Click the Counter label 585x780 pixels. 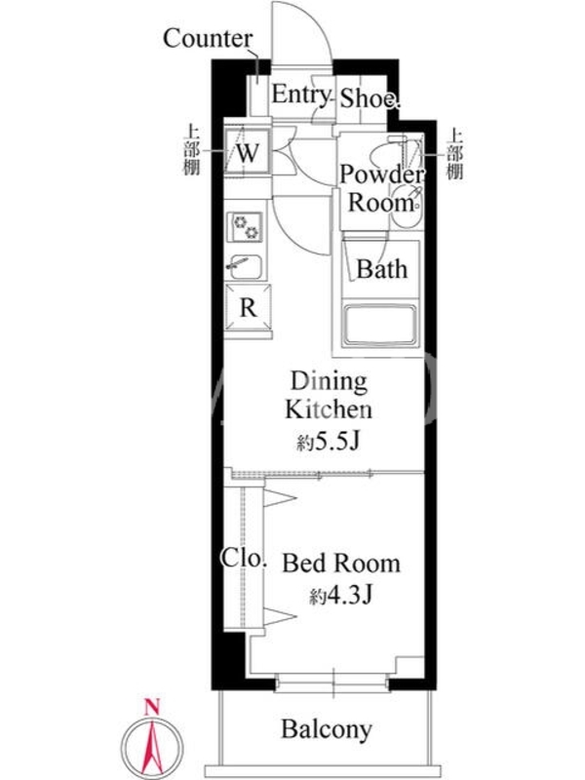pos(208,38)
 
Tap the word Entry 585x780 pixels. pos(300,94)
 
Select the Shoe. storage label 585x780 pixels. pos(370,98)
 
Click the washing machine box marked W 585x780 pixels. pos(247,151)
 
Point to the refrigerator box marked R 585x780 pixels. pos(248,307)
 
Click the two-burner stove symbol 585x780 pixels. pos(246,226)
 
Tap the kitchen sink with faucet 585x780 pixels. pos(245,267)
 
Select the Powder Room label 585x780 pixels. pos(381,188)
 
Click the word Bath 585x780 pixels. pos(381,269)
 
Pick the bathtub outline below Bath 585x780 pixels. pos(380,325)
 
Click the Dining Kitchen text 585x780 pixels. pos(329,396)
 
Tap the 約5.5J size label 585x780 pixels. pos(329,441)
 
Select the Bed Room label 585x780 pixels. pos(341,564)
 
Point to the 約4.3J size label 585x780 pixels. pos(341,595)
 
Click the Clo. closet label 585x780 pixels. pos(244,558)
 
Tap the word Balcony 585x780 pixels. pos(327,729)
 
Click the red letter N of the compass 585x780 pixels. pos(152,706)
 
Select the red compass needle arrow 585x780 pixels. pos(152,745)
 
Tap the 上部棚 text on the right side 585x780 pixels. pos(454,154)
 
